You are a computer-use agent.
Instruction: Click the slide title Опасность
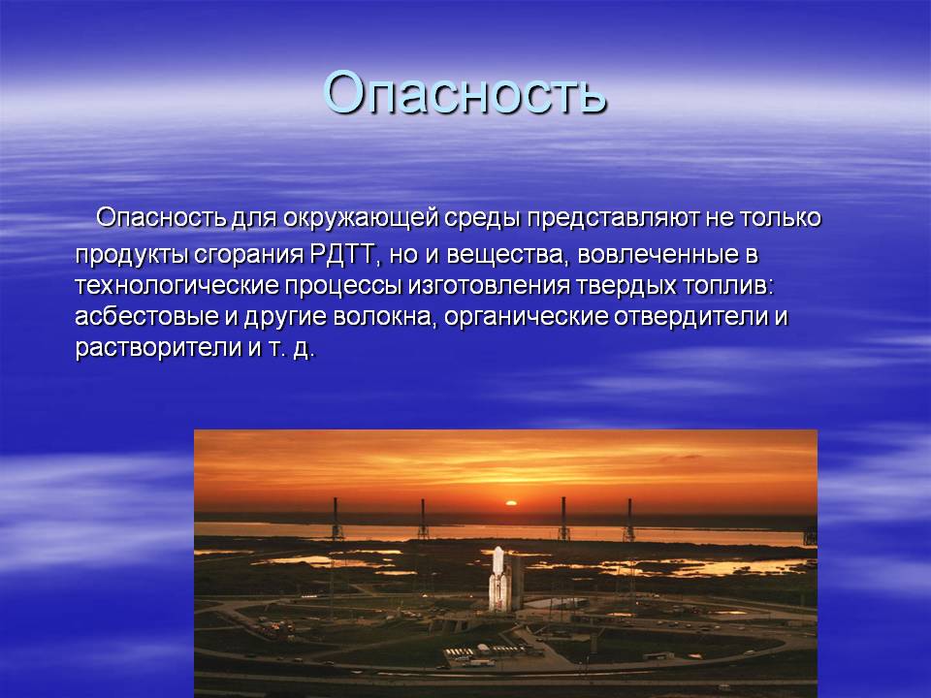pos(465,93)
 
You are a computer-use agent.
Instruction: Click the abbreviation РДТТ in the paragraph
pos(342,255)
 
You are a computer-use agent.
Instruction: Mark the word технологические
pos(177,285)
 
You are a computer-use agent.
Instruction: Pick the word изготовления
pos(489,286)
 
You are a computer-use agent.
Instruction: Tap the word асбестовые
pos(146,316)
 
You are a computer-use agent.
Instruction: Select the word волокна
pos(382,317)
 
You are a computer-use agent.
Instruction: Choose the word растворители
pos(158,348)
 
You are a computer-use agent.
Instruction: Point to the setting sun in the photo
pos(510,503)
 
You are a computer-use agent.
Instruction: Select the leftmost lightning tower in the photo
pos(337,519)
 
